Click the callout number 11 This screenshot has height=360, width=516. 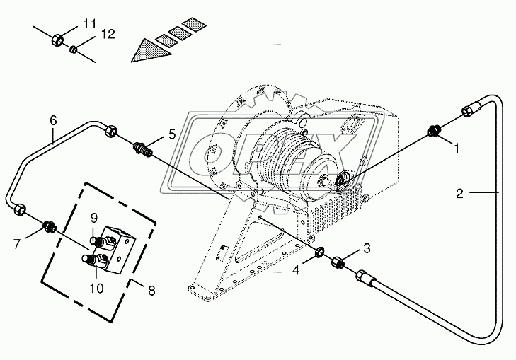pos(89,23)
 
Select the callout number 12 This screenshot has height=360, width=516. pos(108,34)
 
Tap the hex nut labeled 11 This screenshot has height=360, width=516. pos(57,40)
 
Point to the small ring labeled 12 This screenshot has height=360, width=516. pos(74,50)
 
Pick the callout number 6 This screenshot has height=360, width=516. pos(53,121)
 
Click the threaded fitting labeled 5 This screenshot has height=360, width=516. pos(143,149)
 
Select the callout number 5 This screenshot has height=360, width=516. pos(172,134)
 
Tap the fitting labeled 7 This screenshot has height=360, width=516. pos(50,226)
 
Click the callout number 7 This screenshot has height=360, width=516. pos(17,244)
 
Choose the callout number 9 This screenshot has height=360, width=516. pos(94,218)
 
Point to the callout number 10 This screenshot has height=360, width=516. pos(96,289)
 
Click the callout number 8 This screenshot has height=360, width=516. pos(151,290)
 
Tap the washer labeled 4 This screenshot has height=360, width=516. pos(319,252)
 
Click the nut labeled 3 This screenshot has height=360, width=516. pos(338,262)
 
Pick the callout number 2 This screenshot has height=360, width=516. pos(459,193)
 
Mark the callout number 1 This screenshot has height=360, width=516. pos(457,149)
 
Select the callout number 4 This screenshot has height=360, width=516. pos(296,270)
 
